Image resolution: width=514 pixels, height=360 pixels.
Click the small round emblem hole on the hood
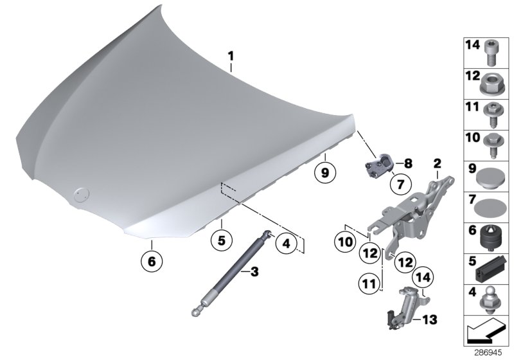point(80,194)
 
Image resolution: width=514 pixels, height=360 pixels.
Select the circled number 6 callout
point(152,262)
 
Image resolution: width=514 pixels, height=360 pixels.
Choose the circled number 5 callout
point(220,242)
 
